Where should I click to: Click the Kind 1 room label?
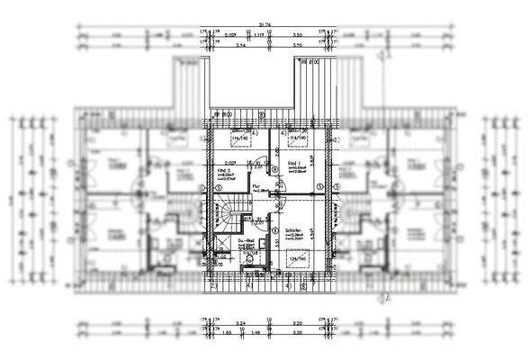tap(295, 163)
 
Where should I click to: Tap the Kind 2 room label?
tap(225, 170)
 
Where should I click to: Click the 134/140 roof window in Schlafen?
tap(298, 259)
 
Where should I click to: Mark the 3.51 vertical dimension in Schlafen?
tap(311, 232)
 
